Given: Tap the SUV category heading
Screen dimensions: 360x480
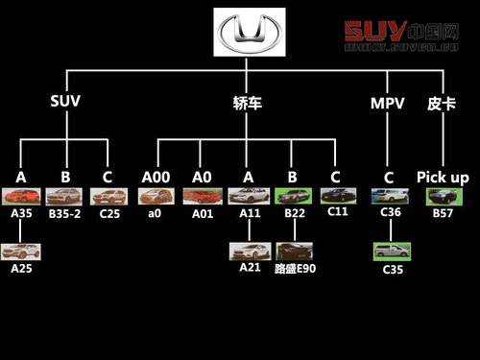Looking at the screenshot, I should point(65,103).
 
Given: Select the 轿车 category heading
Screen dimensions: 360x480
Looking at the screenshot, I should point(247,104).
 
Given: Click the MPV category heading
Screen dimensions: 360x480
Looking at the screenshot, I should point(388,103).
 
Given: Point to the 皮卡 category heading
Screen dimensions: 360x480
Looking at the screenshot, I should point(442,103).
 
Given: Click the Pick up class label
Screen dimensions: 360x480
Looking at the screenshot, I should point(443,178).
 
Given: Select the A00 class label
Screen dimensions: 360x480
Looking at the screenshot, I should point(156,178).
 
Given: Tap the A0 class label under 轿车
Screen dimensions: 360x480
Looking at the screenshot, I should point(201,178).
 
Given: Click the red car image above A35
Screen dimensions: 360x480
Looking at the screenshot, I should point(21,196).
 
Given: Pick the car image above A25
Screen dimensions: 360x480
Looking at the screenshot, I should point(21,252).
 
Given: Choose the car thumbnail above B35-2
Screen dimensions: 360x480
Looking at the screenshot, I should point(65,196).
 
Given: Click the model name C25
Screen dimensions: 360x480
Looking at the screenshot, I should point(109,213).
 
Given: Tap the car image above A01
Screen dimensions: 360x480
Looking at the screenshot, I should point(202,196).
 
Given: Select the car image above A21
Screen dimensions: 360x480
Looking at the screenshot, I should point(249,252).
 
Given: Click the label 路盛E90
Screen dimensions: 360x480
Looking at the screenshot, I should point(295,269).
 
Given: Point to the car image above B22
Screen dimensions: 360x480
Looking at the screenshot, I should point(294,196).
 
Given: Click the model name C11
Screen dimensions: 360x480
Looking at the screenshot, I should point(337,212).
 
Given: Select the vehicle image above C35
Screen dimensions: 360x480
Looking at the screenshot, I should point(392,252).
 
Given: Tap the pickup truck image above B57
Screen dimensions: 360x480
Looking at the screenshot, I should point(444,196).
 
